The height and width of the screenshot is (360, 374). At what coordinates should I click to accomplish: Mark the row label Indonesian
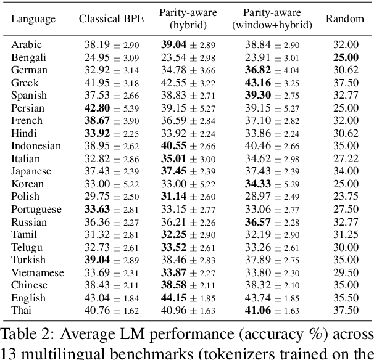point(36,146)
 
